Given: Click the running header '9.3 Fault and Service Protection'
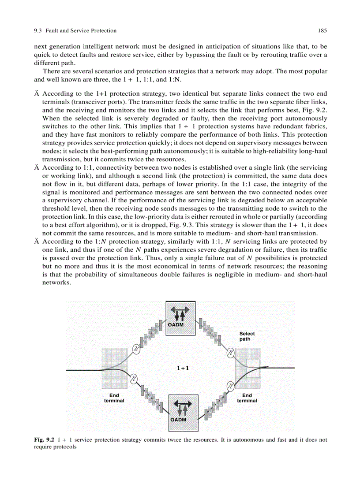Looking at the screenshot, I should tap(75, 31).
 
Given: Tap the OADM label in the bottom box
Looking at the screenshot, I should tap(178, 419).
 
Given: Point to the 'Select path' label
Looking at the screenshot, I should tap(247, 336).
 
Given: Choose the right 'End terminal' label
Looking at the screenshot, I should tap(247, 398).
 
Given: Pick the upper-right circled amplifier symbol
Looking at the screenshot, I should tap(230, 353).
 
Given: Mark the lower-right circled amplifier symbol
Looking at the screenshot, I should tap(230, 386).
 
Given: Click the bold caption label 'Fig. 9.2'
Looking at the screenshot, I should tap(44, 440).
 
